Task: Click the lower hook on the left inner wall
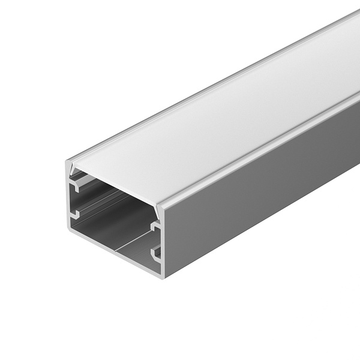76,213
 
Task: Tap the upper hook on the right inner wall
155,227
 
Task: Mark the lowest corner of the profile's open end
163,277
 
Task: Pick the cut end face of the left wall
68,198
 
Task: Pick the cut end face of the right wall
160,240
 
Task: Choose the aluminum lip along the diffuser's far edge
210,90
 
